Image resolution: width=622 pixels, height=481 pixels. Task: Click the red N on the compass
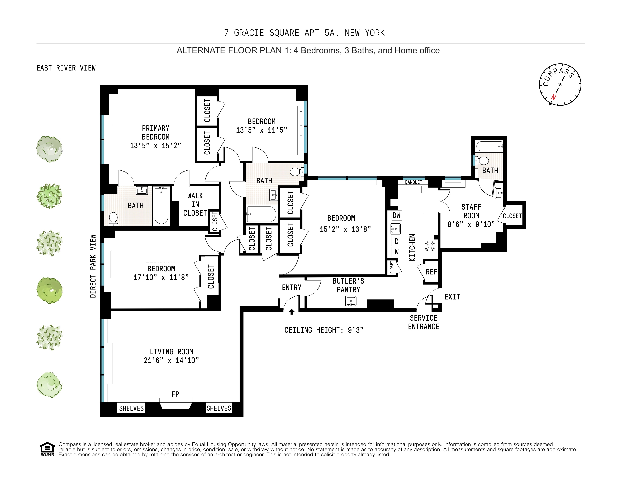tap(553, 97)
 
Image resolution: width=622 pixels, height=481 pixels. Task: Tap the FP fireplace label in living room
tap(175, 394)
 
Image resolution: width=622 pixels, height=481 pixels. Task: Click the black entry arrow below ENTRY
tap(291, 312)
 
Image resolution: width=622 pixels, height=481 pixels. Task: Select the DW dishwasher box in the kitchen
tap(396, 215)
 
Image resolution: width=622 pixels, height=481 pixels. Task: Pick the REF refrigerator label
tap(431, 272)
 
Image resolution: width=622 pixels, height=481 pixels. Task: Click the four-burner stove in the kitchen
tap(430, 246)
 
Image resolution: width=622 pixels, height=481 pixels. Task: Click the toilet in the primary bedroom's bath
tap(113, 219)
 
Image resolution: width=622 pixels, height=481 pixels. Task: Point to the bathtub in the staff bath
tap(490, 146)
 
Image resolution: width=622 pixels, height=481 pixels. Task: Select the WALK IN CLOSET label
tap(195, 204)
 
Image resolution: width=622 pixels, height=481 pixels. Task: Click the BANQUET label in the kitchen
tap(414, 182)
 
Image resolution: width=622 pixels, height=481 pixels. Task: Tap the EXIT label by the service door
tap(452, 297)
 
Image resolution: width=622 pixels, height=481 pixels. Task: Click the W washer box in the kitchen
tap(396, 252)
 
